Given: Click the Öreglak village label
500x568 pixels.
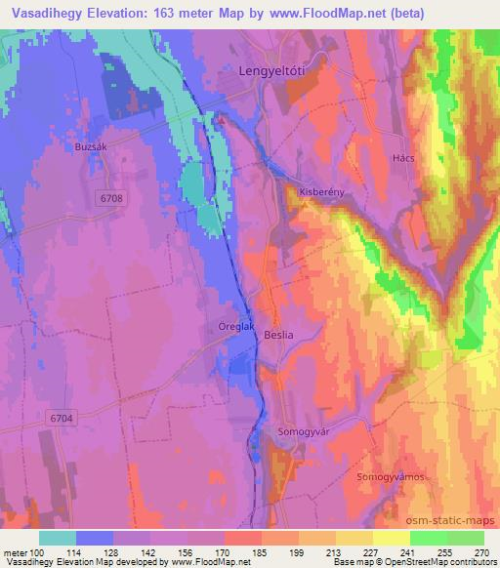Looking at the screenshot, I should [235, 327].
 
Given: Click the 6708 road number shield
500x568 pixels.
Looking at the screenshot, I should [112, 198].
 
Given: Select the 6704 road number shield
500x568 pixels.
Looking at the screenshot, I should [61, 418].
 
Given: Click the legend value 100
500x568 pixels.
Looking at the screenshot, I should [35, 552].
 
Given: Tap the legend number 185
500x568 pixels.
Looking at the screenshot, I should [260, 552].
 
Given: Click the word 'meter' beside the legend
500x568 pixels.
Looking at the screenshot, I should [14, 552].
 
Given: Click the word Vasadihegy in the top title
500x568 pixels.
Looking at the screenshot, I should [49, 13].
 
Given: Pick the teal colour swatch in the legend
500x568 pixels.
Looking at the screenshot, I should [58, 538].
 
